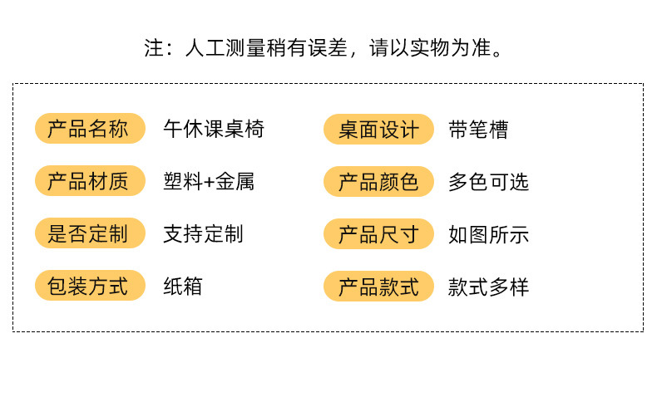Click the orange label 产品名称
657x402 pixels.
pyautogui.click(x=89, y=129)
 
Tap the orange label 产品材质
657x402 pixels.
pyautogui.click(x=89, y=181)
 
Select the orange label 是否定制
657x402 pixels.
pyautogui.click(x=89, y=233)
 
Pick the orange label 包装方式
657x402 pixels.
pyautogui.click(x=89, y=287)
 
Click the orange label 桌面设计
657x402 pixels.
pyautogui.click(x=378, y=130)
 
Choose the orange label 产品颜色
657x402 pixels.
pyautogui.click(x=378, y=182)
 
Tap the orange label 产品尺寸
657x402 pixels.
pyautogui.click(x=378, y=234)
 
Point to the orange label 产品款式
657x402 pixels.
pyautogui.click(x=378, y=287)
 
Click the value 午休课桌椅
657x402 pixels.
pyautogui.click(x=214, y=129)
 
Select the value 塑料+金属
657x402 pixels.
pyautogui.click(x=209, y=181)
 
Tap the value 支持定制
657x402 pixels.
pyautogui.click(x=203, y=233)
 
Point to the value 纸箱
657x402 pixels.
pyautogui.click(x=183, y=287)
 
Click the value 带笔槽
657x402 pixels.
pyautogui.click(x=478, y=130)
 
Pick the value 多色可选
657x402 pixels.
pyautogui.click(x=488, y=182)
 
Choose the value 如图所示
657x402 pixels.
pyautogui.click(x=488, y=234)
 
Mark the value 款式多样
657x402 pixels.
pyautogui.click(x=488, y=287)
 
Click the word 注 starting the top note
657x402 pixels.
pyautogui.click(x=154, y=49)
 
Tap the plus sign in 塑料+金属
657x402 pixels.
pyautogui.click(x=209, y=182)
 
